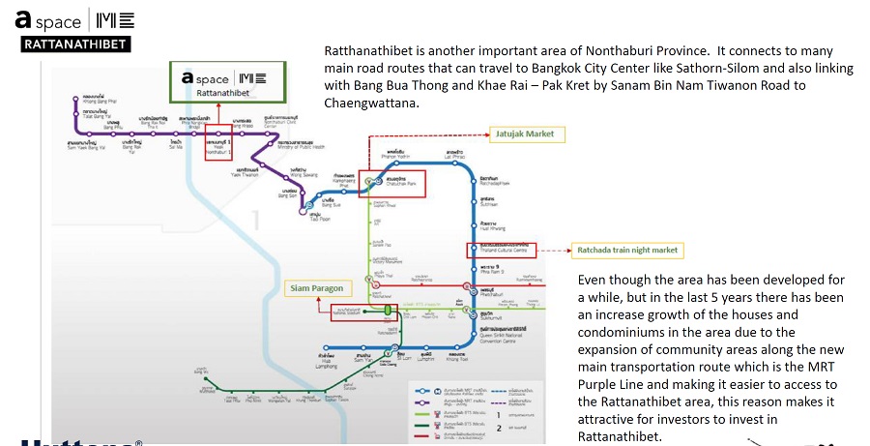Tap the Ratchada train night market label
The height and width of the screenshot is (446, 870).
(627, 251)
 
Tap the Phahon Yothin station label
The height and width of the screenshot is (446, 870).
(393, 154)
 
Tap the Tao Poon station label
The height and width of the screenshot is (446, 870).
(315, 216)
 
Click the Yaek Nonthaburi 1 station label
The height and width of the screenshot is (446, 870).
(218, 143)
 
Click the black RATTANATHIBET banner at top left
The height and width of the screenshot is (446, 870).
(75, 44)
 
